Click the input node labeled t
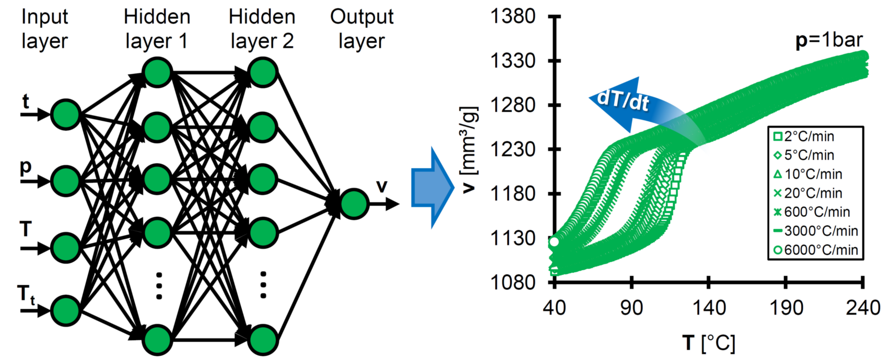pyautogui.click(x=66, y=114)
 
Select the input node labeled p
pyautogui.click(x=66, y=181)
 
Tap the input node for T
pyautogui.click(x=66, y=248)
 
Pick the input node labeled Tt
pyautogui.click(x=66, y=311)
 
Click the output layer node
pyautogui.click(x=354, y=204)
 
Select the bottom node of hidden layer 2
pyautogui.click(x=263, y=340)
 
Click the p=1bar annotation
pyautogui.click(x=829, y=40)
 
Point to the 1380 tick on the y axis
pyautogui.click(x=513, y=16)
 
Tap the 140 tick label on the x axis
pyautogui.click(x=709, y=308)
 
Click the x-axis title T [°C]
pyautogui.click(x=709, y=343)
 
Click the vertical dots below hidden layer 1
pyautogui.click(x=159, y=286)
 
